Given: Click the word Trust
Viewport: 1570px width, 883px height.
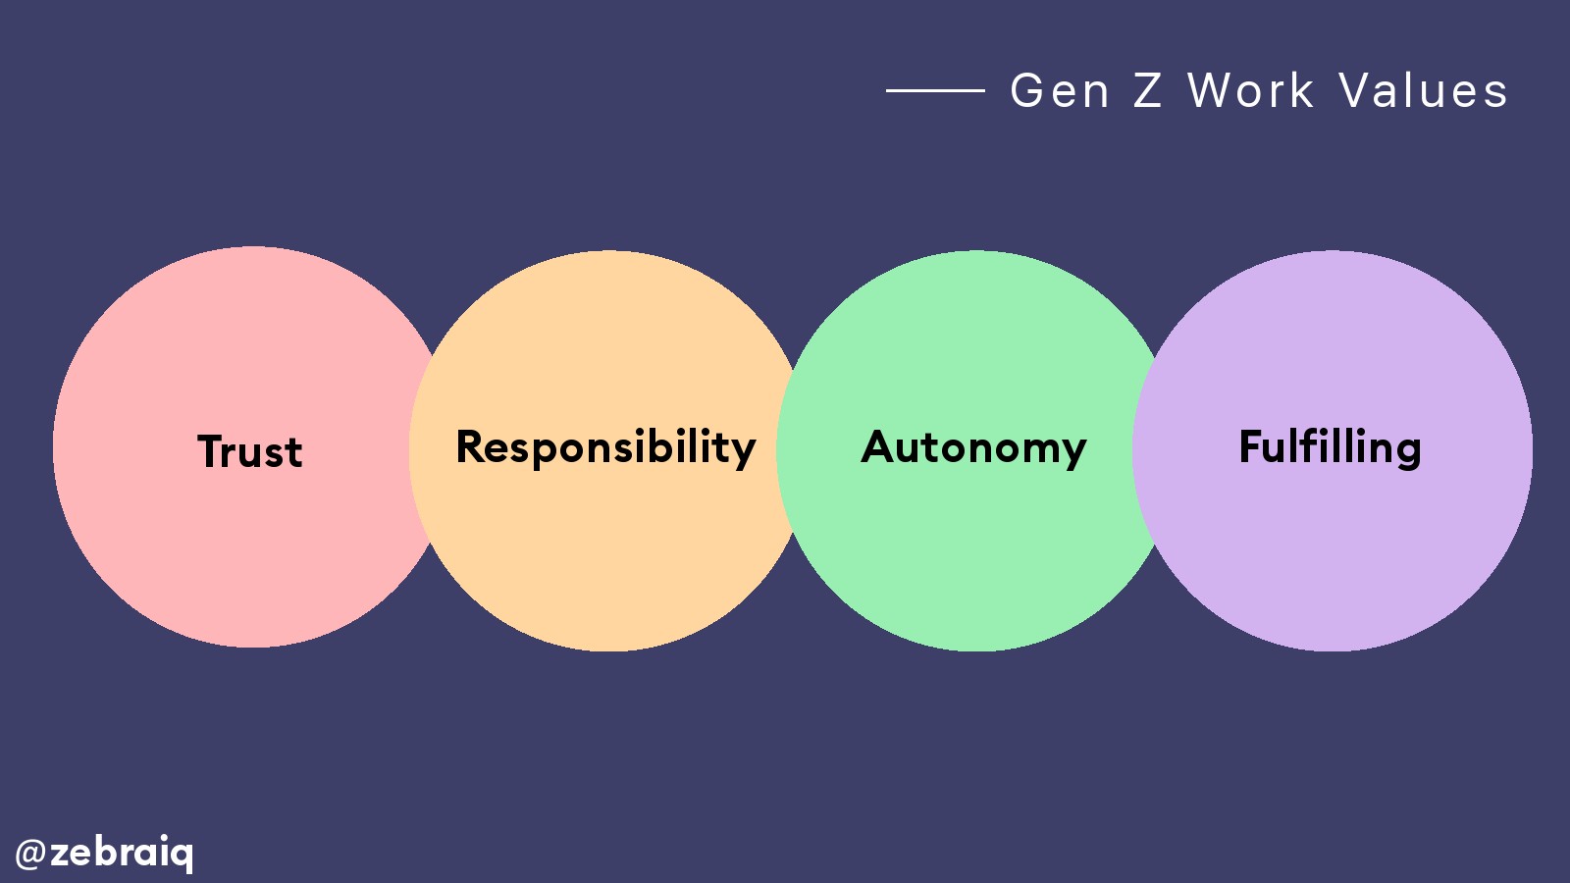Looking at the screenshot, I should tap(250, 451).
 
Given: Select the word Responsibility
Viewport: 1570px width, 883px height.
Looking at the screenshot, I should tap(605, 447).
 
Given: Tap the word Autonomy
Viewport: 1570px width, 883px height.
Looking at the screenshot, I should tap(973, 447).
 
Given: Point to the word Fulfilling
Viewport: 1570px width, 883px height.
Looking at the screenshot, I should tap(1330, 447).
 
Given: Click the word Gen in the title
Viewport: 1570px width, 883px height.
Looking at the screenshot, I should tap(1060, 91).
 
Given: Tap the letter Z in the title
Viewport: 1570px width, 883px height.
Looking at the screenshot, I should tap(1148, 91).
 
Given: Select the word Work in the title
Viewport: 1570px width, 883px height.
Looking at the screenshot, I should tap(1251, 91).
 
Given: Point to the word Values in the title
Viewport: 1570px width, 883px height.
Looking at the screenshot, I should tap(1424, 91).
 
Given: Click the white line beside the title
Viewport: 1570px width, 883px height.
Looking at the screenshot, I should tap(935, 90).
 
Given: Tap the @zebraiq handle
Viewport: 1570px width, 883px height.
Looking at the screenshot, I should tap(105, 852).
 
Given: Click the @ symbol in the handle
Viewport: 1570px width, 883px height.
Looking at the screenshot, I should tap(30, 853).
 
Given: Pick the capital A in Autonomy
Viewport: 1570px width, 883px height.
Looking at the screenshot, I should tap(878, 446).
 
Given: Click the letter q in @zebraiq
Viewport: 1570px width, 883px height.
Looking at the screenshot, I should tap(183, 855).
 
